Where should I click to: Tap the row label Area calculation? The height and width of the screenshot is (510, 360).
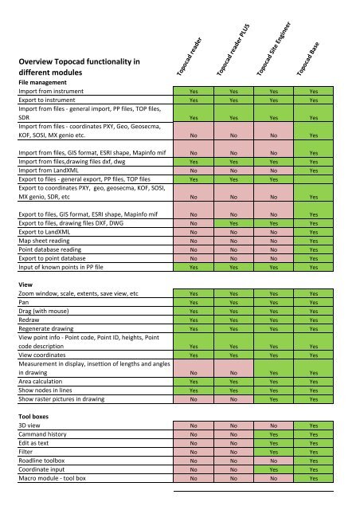pyautogui.click(x=45, y=382)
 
